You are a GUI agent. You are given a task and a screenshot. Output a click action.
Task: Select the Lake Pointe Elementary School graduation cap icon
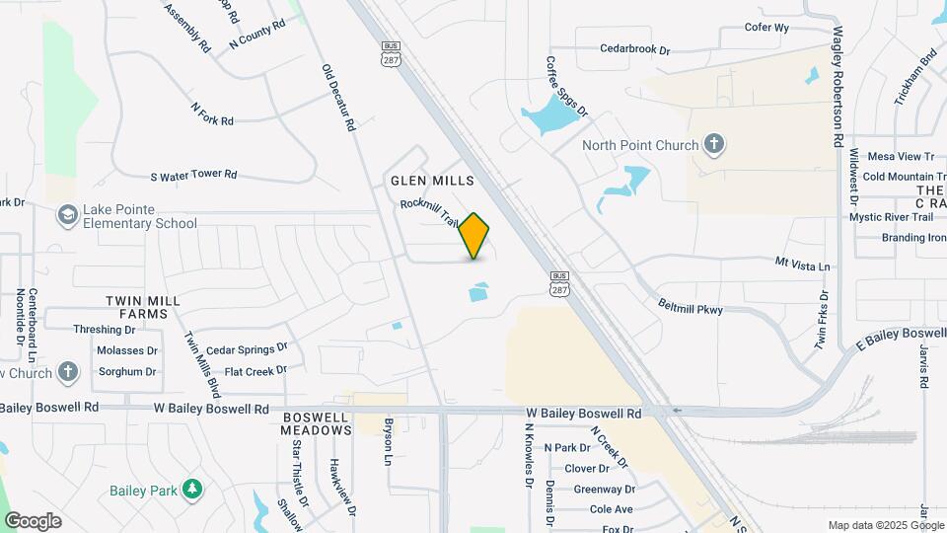[67, 215]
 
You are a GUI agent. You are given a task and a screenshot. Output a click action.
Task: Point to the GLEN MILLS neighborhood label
[432, 181]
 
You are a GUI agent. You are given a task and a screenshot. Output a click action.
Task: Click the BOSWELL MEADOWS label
[316, 423]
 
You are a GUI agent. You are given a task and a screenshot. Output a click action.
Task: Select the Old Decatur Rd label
[337, 98]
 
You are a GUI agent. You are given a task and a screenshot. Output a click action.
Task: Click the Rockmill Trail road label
[430, 212]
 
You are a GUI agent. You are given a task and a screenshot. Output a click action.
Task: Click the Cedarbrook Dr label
[634, 47]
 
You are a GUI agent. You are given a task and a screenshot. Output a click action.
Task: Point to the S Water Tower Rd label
[193, 176]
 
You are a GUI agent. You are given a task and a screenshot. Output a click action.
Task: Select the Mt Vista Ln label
[803, 266]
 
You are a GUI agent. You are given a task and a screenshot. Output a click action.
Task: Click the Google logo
[33, 521]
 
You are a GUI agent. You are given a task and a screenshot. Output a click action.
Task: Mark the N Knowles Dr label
[529, 450]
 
